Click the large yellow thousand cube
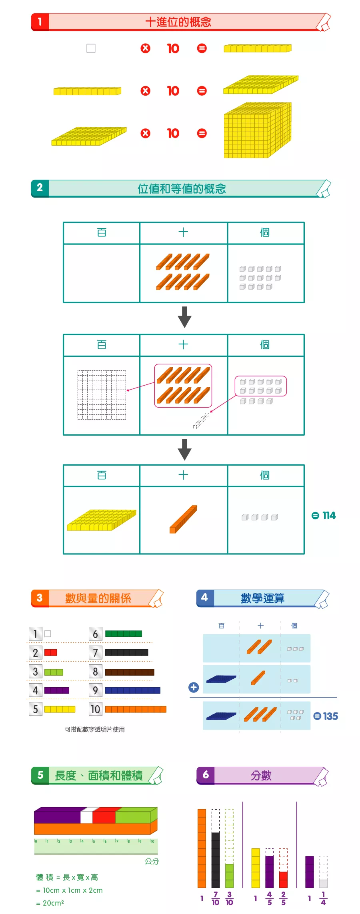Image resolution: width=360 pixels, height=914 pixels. (x=258, y=131)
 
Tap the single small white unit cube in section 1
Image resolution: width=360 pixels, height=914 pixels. (x=91, y=48)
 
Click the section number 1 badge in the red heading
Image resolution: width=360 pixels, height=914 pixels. (x=40, y=22)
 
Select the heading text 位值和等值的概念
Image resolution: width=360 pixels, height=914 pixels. (x=182, y=188)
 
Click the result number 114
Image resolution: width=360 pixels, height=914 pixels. (x=329, y=515)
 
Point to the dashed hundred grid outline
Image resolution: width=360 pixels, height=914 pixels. (x=102, y=395)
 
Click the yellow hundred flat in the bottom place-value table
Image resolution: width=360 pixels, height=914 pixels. (x=102, y=520)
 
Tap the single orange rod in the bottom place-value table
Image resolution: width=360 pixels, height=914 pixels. (x=183, y=519)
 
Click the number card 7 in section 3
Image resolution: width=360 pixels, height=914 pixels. (x=95, y=653)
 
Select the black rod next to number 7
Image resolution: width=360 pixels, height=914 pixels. (x=126, y=653)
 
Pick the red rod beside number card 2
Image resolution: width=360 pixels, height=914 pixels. (x=50, y=652)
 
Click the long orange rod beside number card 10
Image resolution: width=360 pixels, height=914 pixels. (x=136, y=709)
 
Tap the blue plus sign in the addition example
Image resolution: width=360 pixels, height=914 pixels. (x=194, y=687)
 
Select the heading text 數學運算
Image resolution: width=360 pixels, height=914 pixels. (x=262, y=598)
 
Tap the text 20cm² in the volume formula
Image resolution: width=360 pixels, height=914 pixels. (x=53, y=903)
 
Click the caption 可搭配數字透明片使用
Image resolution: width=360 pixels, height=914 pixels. (x=95, y=729)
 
